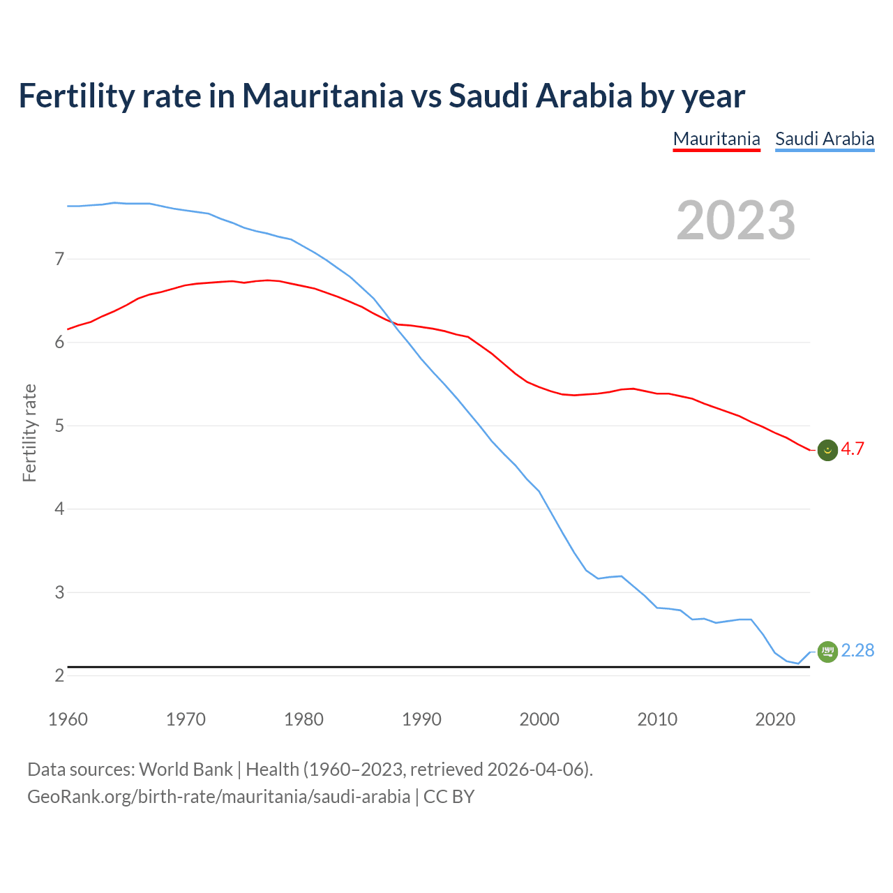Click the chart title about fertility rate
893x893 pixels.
coord(382,96)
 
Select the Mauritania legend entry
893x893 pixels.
coord(716,139)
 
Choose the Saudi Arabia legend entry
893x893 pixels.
coord(825,139)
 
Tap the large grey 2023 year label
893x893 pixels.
coord(736,220)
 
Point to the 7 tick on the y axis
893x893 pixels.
coord(59,259)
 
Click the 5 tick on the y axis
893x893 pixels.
coord(59,426)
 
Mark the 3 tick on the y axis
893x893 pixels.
coord(59,592)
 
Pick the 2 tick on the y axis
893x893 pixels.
coord(59,675)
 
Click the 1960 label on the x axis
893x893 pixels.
coord(68,719)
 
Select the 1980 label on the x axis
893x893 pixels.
coord(303,719)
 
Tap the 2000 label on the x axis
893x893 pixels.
coord(539,719)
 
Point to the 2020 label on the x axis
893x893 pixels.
coord(775,719)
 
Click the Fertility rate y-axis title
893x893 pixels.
coord(29,433)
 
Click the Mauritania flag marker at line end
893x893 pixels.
coord(827,451)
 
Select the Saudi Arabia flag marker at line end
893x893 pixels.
coord(827,652)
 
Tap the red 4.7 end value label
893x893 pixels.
coord(853,449)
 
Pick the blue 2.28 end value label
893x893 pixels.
coord(857,650)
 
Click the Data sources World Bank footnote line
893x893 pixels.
coord(310,770)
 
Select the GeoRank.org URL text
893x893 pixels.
coord(218,797)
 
